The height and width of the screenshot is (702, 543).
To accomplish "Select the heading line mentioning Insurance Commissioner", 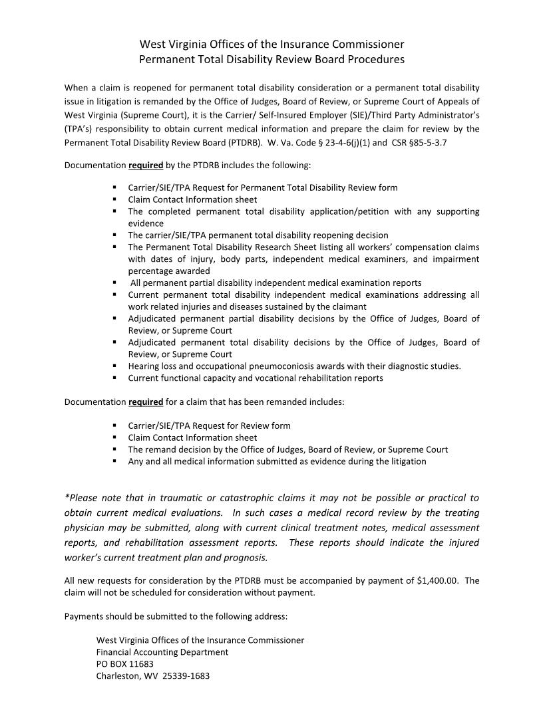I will (x=271, y=45).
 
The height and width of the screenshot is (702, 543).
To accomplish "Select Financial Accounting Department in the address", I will (x=162, y=652).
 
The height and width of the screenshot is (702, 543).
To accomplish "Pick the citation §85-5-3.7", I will (x=429, y=142).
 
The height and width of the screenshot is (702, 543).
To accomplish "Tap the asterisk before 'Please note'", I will (x=67, y=497).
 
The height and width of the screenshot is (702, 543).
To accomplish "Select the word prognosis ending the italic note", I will (x=246, y=557).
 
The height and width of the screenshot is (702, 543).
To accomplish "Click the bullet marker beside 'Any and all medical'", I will (x=115, y=461).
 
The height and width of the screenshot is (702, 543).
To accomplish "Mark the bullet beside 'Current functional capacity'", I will (x=115, y=378).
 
